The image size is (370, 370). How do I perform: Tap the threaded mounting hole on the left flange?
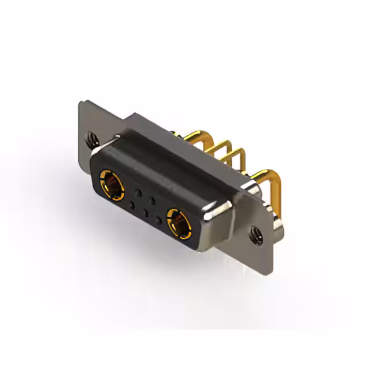(90, 139)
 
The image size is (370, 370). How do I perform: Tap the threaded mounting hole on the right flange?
(255, 234)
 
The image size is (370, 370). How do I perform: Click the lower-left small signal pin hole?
(132, 205)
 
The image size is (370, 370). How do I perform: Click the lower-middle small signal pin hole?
(146, 213)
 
